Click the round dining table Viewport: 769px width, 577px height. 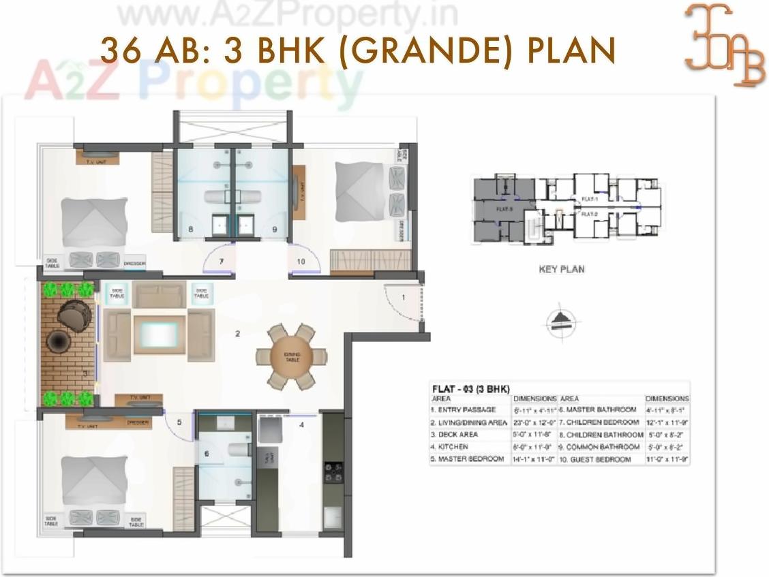point(291,357)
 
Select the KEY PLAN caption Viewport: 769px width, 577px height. point(562,269)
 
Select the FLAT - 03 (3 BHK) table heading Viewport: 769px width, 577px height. point(470,388)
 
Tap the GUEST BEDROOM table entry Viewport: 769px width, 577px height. point(599,459)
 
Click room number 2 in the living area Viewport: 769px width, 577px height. point(237,334)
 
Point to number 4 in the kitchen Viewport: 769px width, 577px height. point(301,425)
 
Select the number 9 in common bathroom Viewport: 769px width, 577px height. point(274,230)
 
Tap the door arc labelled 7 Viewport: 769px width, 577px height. point(220,261)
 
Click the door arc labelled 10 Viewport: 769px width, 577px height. point(302,261)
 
